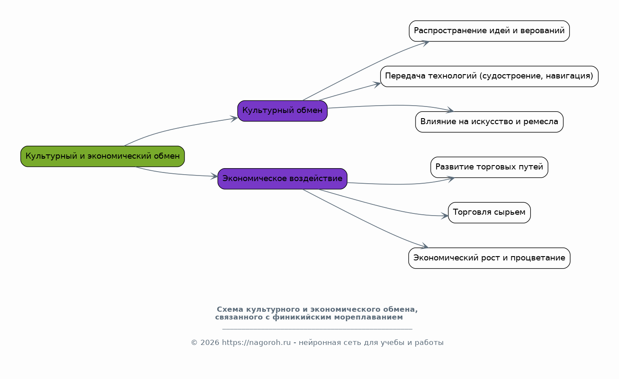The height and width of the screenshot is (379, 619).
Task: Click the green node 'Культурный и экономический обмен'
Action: click(x=103, y=157)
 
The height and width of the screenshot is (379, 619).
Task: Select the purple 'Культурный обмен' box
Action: click(x=282, y=111)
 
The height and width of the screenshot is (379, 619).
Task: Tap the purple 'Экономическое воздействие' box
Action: click(x=282, y=179)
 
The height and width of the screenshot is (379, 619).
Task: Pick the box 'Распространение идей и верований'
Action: click(x=489, y=31)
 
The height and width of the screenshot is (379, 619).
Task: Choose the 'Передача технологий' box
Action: click(x=489, y=76)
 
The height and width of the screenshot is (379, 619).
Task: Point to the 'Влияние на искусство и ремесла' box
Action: click(x=489, y=122)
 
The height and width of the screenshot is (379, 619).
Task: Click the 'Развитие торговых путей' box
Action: click(x=489, y=167)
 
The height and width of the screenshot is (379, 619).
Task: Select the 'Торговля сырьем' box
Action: click(x=489, y=213)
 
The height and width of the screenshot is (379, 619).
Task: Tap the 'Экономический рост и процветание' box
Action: click(x=489, y=258)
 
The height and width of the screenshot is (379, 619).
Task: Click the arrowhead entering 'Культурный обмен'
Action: click(x=234, y=119)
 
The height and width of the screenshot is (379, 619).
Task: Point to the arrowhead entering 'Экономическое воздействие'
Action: click(x=214, y=176)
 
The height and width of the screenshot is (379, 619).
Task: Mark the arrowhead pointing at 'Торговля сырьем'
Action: click(x=444, y=216)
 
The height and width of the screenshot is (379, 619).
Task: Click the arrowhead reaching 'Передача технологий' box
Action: click(x=377, y=85)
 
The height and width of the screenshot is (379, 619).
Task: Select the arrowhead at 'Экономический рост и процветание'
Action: click(x=425, y=246)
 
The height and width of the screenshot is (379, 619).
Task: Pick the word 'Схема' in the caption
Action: click(x=230, y=309)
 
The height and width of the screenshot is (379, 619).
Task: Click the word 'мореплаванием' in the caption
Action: click(x=368, y=317)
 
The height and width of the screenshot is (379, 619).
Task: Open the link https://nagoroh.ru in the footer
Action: click(x=256, y=343)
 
